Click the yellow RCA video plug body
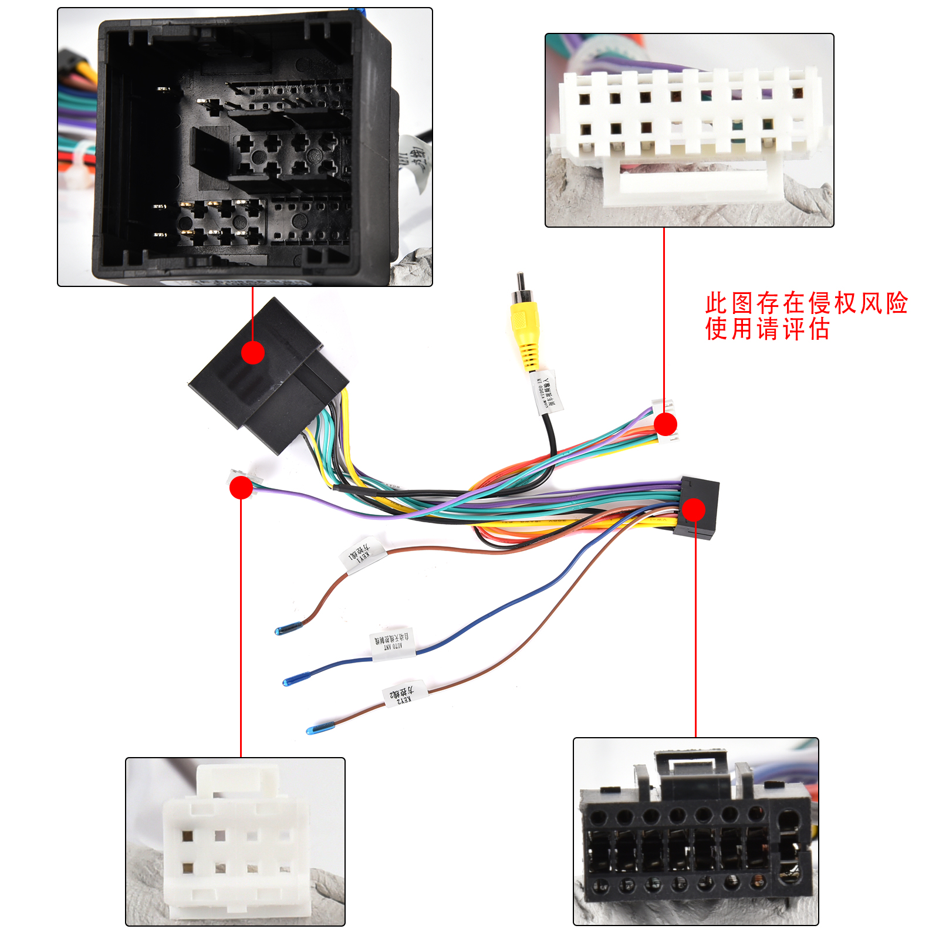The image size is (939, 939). click(x=524, y=329)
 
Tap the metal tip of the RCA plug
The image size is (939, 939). click(x=520, y=281)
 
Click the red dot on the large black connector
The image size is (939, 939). click(x=253, y=353)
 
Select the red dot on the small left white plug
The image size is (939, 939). click(x=241, y=487)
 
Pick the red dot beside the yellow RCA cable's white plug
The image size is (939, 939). click(x=665, y=424)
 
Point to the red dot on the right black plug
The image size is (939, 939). click(x=694, y=509)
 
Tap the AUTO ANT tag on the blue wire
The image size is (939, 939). click(x=392, y=644)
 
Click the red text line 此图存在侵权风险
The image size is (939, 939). click(x=806, y=303)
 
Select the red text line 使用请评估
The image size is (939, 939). click(x=767, y=329)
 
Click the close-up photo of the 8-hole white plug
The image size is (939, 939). click(x=235, y=842)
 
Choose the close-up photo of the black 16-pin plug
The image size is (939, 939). click(x=695, y=831)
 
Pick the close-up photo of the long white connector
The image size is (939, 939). click(x=689, y=130)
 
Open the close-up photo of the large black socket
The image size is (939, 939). click(x=245, y=147)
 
